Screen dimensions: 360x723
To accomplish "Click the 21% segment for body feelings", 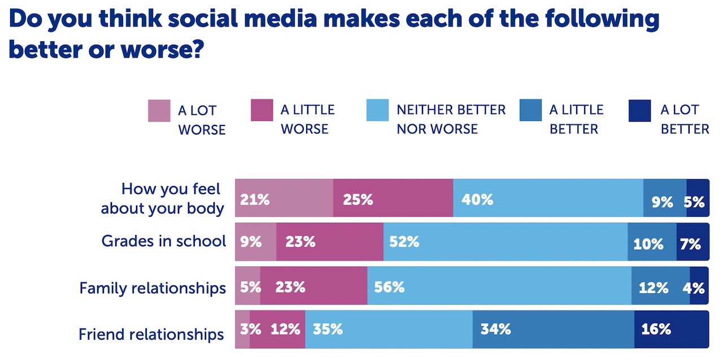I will (x=284, y=198).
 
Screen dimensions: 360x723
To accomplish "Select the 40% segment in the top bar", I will (x=548, y=198).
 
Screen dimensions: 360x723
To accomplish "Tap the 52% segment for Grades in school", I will (x=505, y=242).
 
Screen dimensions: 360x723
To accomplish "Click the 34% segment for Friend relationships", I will (x=553, y=329).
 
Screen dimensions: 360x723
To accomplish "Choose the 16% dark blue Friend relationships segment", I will (x=671, y=329).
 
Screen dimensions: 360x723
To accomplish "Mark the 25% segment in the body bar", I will (x=393, y=198).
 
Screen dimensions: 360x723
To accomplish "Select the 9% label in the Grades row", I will (x=251, y=242).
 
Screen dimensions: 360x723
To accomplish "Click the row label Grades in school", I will (x=163, y=241).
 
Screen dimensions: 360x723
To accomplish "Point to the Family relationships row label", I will (x=153, y=288).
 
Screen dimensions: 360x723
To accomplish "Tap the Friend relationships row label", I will (x=151, y=334).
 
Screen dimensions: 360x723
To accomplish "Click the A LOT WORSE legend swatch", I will (x=159, y=111).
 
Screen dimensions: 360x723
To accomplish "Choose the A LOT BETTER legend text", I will (x=685, y=119).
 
